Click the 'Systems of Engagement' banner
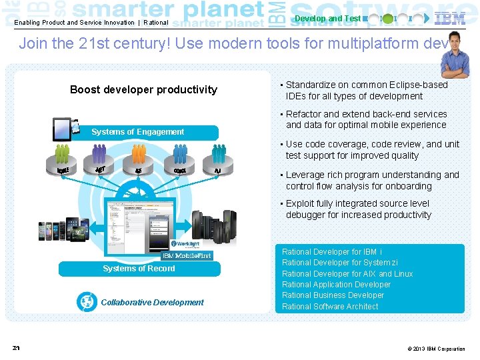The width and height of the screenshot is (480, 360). (138, 132)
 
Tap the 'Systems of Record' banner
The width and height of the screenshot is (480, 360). (139, 269)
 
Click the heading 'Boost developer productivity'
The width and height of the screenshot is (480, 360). (143, 89)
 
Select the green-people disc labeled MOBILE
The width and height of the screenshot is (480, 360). (63, 164)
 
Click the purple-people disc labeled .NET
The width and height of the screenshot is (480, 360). (101, 163)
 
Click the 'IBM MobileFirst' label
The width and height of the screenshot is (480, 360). (187, 256)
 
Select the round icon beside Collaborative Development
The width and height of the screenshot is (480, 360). (87, 302)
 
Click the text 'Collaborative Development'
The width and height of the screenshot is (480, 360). (152, 303)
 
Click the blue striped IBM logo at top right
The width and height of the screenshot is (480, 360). (450, 18)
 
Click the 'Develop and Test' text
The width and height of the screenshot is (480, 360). (327, 19)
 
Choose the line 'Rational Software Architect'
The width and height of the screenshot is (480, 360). (330, 307)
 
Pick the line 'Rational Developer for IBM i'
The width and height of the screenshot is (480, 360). (332, 252)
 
